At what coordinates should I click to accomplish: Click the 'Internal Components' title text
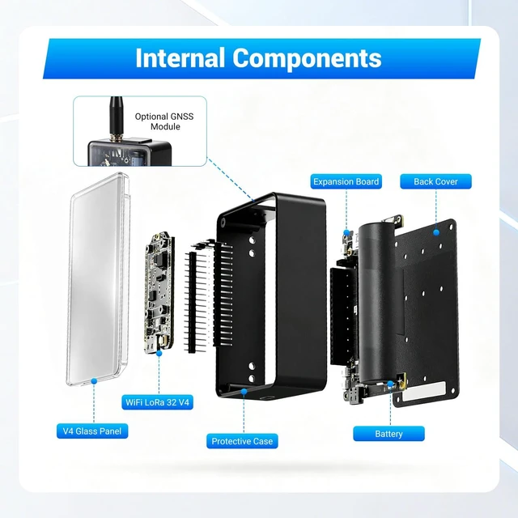pyautogui.click(x=258, y=58)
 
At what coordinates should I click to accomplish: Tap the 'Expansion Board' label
pyautogui.click(x=346, y=181)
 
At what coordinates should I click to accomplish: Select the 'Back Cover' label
pyautogui.click(x=435, y=181)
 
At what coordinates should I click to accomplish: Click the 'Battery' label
pyautogui.click(x=388, y=434)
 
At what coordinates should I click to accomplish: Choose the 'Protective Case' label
pyautogui.click(x=242, y=441)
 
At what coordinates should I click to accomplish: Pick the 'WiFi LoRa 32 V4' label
pyautogui.click(x=157, y=402)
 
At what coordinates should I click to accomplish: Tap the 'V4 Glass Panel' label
pyautogui.click(x=92, y=431)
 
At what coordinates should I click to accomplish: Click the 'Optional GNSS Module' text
pyautogui.click(x=164, y=121)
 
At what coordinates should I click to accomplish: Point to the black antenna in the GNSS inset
pyautogui.click(x=116, y=117)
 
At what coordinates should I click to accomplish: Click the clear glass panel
pyautogui.click(x=98, y=279)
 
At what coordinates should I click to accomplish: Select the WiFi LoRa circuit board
pyautogui.click(x=159, y=292)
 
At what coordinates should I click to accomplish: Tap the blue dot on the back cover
pyautogui.click(x=436, y=232)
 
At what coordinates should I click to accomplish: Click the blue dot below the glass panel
pyautogui.click(x=94, y=381)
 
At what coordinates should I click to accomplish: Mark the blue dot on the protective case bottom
pyautogui.click(x=244, y=392)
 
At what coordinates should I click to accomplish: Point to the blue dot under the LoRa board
pyautogui.click(x=159, y=353)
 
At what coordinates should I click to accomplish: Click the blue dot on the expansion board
pyautogui.click(x=346, y=232)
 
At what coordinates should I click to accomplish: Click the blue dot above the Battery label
pyautogui.click(x=390, y=384)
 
